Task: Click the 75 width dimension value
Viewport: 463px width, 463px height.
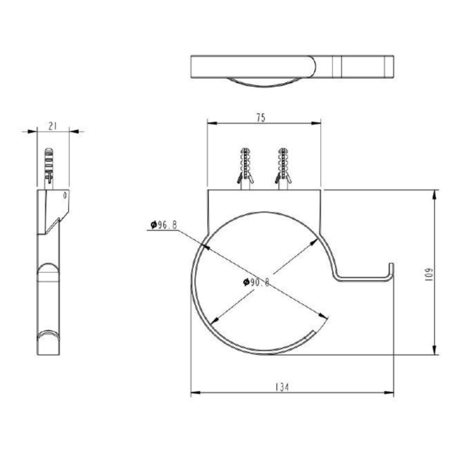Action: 260,117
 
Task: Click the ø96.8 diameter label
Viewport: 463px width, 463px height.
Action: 163,225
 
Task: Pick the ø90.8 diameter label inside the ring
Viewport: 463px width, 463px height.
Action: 257,282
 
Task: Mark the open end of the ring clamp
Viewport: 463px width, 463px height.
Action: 313,333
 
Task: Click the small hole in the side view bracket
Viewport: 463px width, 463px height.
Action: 65,196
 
